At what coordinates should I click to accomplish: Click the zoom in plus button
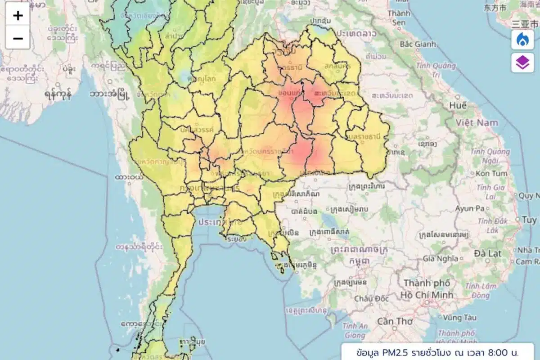click(18, 16)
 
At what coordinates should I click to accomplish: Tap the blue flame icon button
click(522, 40)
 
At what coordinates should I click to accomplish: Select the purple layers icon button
click(522, 63)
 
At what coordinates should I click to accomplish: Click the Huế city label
click(458, 105)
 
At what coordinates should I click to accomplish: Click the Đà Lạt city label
click(488, 253)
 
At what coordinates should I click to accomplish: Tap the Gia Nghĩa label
click(440, 259)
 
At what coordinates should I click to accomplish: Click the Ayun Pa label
click(469, 208)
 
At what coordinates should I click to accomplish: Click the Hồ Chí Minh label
click(427, 295)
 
